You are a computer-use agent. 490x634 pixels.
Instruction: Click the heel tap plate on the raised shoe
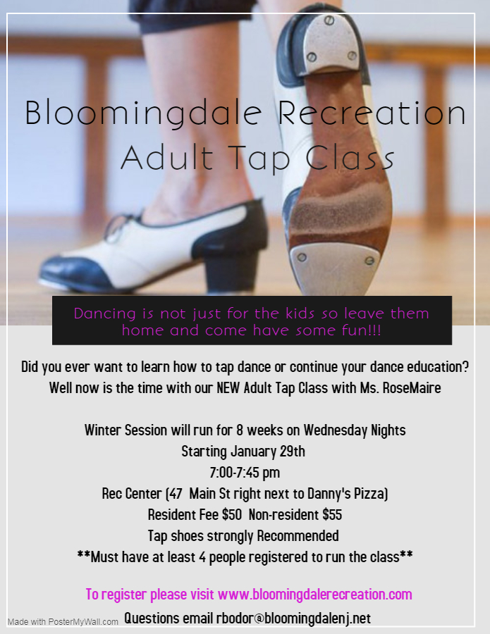(x=331, y=43)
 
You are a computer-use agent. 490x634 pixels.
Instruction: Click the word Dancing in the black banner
(x=105, y=314)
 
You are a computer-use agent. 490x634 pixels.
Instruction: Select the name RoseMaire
(x=412, y=388)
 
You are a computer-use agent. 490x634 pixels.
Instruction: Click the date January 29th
(x=267, y=452)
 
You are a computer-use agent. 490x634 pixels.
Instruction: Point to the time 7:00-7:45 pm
(x=245, y=472)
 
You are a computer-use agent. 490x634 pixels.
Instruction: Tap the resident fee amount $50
(x=231, y=515)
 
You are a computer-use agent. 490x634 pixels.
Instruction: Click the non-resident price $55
(x=332, y=515)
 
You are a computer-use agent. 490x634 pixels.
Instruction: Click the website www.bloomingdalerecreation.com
(x=314, y=595)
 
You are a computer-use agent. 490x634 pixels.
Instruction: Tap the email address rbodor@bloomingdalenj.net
(x=293, y=619)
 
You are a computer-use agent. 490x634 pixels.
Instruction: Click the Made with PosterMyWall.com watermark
(x=63, y=622)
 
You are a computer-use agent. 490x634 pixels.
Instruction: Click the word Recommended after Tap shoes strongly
(x=298, y=536)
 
